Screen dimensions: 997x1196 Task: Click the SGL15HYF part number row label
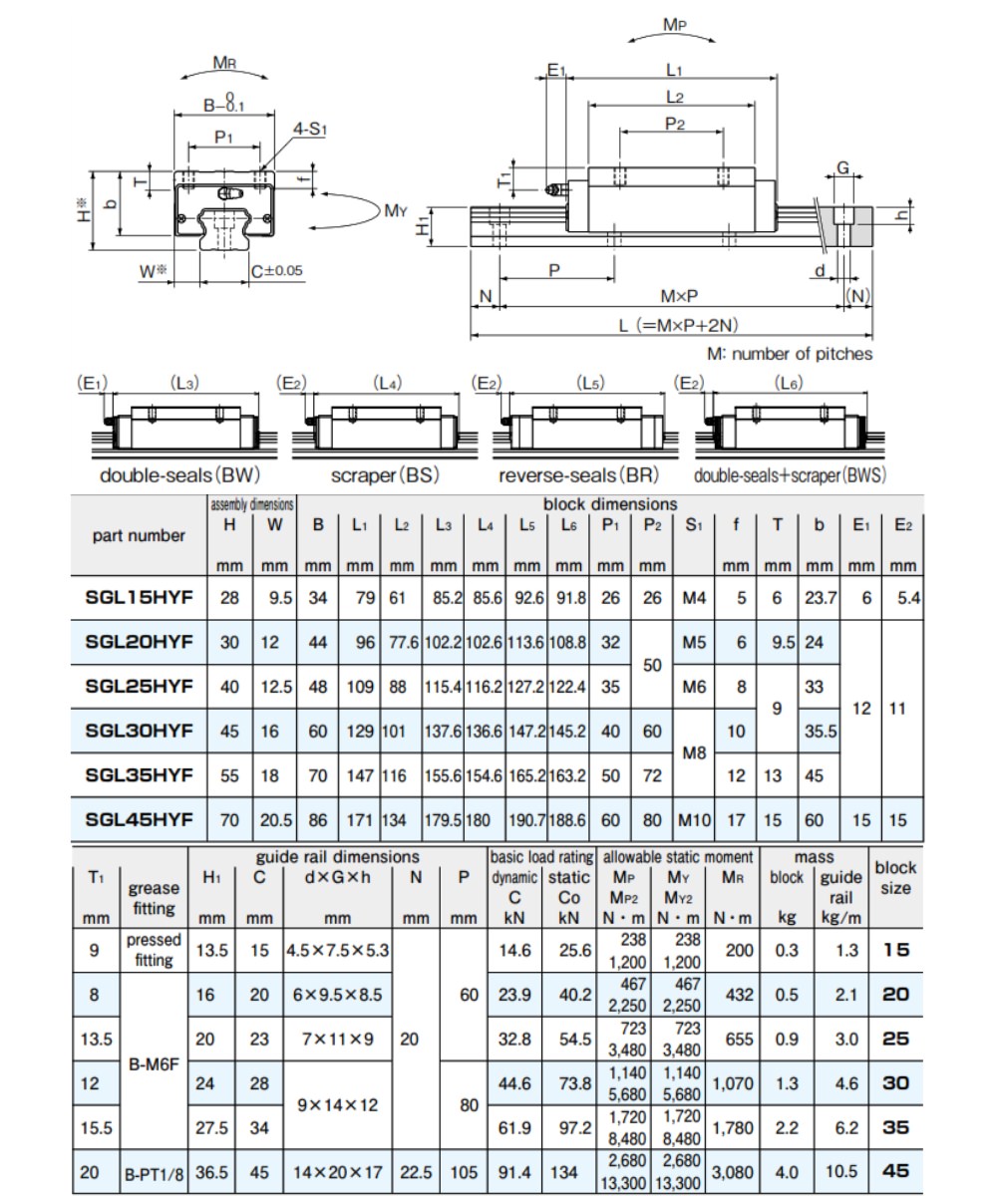[x=139, y=597]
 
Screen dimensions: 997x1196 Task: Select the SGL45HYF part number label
[x=139, y=819]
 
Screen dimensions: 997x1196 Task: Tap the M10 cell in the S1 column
[x=694, y=820]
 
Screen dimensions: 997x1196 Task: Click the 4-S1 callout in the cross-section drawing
[x=309, y=129]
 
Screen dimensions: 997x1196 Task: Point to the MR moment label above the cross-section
[x=224, y=62]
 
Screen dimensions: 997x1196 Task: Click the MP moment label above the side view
[x=674, y=25]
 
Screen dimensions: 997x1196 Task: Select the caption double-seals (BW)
[x=179, y=474]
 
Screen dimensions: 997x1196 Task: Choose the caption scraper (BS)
[x=385, y=474]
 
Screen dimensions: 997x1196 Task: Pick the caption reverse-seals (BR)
[x=578, y=474]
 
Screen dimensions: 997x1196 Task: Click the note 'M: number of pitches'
[x=790, y=354]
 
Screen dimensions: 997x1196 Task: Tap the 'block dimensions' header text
[x=610, y=504]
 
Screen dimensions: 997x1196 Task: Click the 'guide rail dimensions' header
[x=338, y=857]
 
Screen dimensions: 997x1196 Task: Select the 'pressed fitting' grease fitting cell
[x=154, y=950]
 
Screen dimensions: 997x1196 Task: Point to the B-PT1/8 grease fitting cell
[x=155, y=1172]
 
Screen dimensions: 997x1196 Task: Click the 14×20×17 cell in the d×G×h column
[x=338, y=1172]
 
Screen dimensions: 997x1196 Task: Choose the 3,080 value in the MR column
[x=732, y=1172]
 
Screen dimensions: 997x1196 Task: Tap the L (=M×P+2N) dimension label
[x=678, y=325]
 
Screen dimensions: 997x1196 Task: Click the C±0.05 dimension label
[x=277, y=270]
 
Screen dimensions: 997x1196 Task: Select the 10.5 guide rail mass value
[x=841, y=1172]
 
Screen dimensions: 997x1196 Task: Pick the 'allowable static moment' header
[x=678, y=857]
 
